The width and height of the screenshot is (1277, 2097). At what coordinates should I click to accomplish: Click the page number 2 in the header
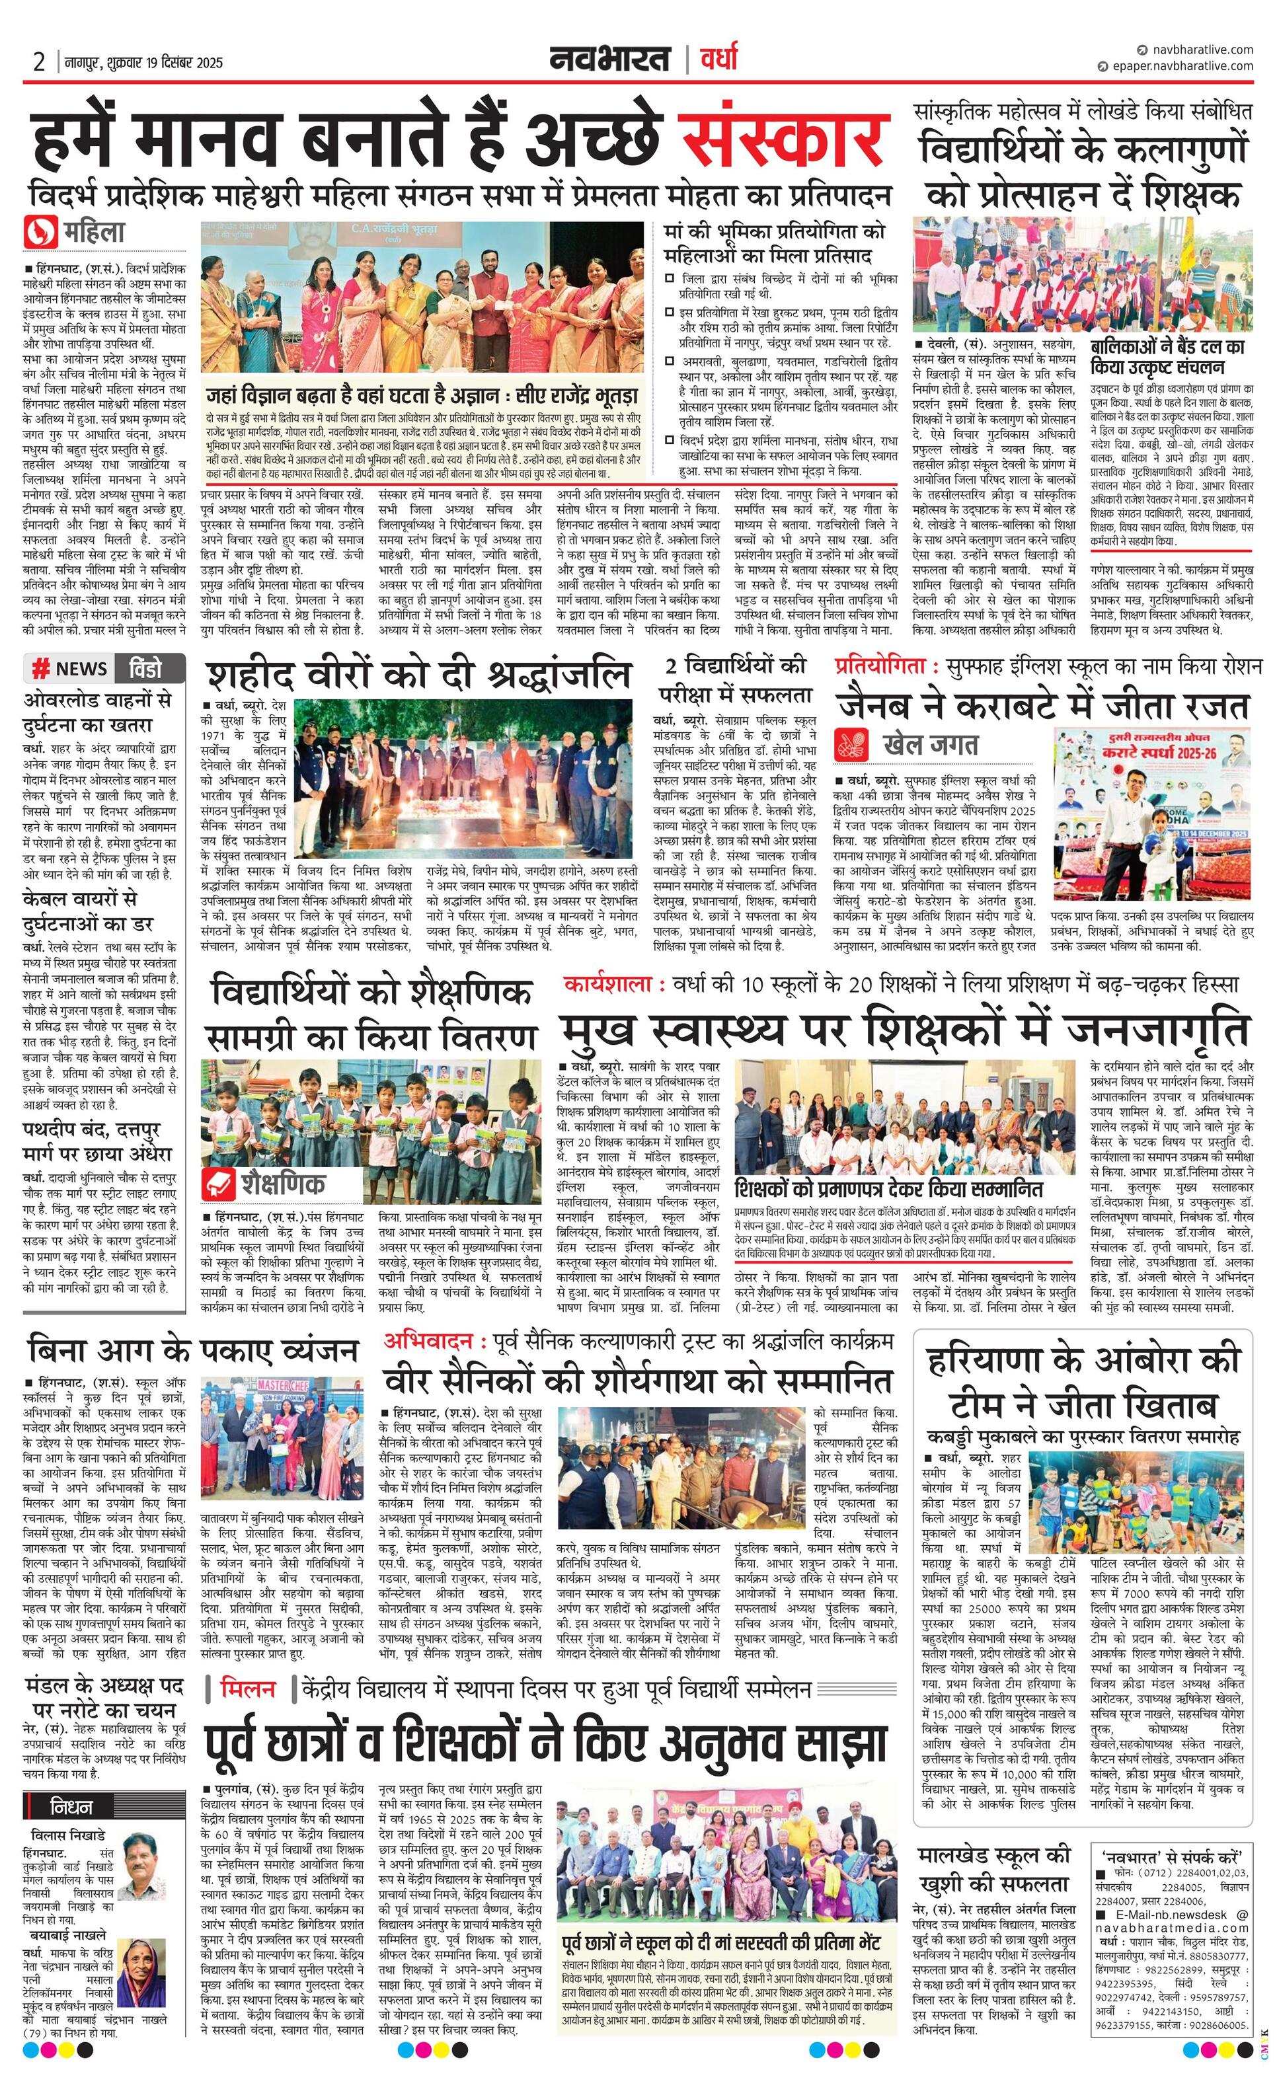(x=38, y=62)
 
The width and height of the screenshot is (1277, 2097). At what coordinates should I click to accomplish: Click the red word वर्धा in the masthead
(x=718, y=59)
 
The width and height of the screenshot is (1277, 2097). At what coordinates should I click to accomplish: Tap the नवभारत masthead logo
(x=609, y=59)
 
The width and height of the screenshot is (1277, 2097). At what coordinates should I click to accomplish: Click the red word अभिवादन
(x=428, y=1342)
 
